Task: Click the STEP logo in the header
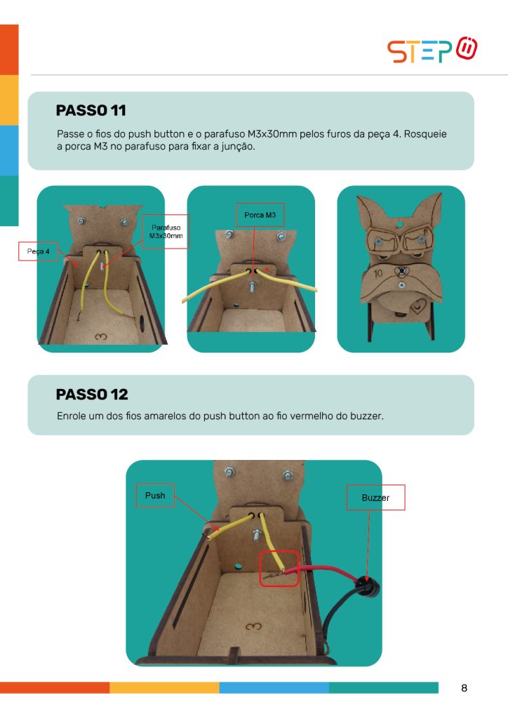[x=432, y=50]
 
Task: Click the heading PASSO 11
[x=91, y=110]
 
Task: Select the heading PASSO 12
[x=92, y=395]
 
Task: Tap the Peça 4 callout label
[x=38, y=251]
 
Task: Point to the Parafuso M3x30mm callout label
[x=166, y=232]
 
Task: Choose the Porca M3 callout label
[x=260, y=215]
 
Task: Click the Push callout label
[x=155, y=496]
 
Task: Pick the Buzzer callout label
[x=375, y=498]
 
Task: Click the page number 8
[x=464, y=688]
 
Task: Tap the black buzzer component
[x=368, y=587]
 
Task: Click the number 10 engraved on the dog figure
[x=378, y=274]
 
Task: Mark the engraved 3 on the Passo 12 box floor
[x=253, y=626]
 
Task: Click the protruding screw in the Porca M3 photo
[x=253, y=287]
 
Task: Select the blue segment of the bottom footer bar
[x=274, y=687]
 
